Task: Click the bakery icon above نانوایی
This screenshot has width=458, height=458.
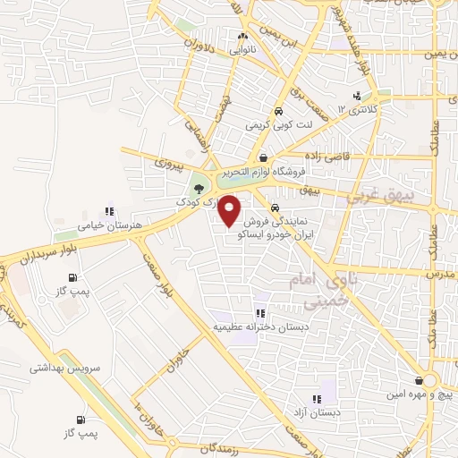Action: coord(242,37)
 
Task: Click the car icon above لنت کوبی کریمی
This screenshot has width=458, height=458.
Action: coord(279,112)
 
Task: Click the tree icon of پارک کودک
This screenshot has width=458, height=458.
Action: coord(198,188)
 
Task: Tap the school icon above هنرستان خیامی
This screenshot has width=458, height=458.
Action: coord(109,212)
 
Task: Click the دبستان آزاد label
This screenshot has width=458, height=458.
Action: coord(318,413)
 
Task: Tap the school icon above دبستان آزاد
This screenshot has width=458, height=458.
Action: coord(315,399)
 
